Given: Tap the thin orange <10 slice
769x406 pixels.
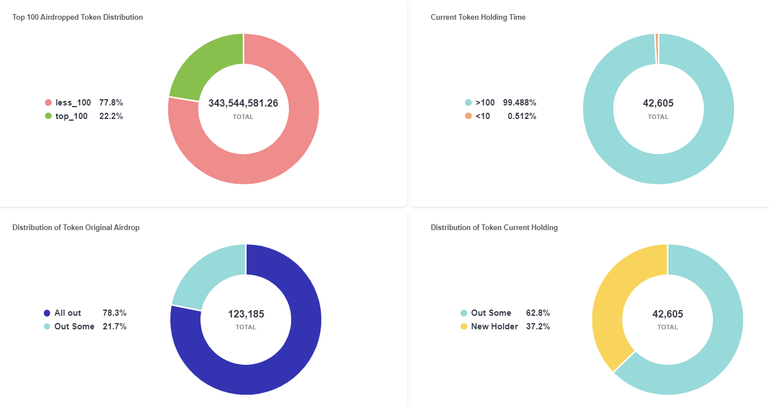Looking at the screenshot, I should tap(657, 48).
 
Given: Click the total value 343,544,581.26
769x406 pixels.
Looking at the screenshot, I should tap(243, 103).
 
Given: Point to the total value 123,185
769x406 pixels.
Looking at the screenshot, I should tap(246, 314).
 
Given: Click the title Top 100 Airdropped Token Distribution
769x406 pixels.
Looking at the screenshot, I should tap(78, 17).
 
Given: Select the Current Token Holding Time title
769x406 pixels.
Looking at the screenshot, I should tap(478, 17).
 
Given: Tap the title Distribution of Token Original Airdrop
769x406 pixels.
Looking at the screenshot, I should tap(76, 228).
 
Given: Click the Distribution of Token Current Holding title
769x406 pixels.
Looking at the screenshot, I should tap(494, 228).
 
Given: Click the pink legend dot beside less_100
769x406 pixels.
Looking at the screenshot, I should tap(48, 103).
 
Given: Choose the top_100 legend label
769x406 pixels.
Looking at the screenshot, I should tap(71, 116).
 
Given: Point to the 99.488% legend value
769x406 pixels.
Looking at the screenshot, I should tap(520, 103).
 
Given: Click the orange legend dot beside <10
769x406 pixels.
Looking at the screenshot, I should tap(468, 116).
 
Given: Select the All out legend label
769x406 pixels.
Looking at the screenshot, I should tap(68, 313).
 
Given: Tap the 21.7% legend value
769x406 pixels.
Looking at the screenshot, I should tap(115, 326).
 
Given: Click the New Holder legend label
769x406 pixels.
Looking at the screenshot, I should tap(494, 326).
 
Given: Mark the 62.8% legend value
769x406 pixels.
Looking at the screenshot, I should tap(538, 313).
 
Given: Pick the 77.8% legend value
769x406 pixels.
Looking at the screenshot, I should tap(111, 103).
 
